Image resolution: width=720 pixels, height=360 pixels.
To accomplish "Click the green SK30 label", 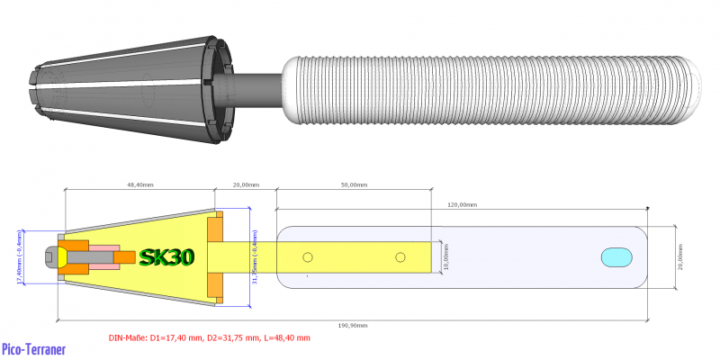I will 166,256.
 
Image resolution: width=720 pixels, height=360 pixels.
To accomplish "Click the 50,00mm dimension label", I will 353,184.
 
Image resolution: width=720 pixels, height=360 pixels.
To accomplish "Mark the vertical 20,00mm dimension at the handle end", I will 681,256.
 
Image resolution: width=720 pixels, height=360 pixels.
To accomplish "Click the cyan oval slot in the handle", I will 618,256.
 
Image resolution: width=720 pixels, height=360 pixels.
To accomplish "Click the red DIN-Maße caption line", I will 209,337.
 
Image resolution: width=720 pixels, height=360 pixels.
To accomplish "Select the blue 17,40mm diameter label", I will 19,256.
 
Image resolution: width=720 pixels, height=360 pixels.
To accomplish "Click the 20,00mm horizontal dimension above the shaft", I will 245,184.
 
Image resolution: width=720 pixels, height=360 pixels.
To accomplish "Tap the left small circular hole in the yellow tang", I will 308,257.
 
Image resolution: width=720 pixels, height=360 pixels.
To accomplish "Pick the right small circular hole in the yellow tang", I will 400,257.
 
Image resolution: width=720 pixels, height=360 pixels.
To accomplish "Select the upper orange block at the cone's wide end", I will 215,229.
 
